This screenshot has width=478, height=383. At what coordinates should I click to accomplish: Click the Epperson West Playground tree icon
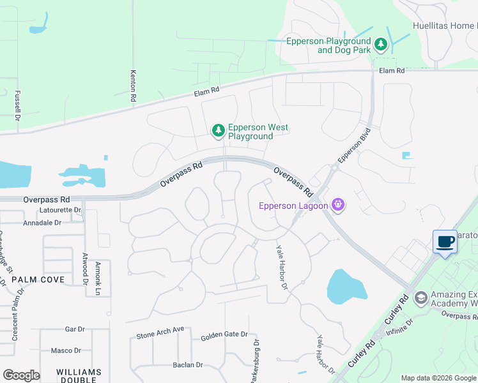click(219, 130)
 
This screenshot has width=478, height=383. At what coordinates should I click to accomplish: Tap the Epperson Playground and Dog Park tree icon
click(381, 44)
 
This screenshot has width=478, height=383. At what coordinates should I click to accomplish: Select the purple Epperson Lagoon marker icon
click(338, 205)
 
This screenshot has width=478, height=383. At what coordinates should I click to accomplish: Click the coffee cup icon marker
click(445, 242)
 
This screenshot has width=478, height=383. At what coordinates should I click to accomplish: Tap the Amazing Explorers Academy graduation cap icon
click(420, 297)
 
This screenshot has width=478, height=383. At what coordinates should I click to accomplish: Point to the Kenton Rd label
click(134, 86)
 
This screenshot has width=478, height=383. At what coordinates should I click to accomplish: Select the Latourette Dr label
click(61, 210)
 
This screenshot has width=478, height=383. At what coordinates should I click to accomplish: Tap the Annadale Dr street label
click(42, 223)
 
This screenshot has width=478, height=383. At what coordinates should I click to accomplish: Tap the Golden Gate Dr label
click(224, 335)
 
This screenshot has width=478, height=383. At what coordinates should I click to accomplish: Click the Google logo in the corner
click(21, 375)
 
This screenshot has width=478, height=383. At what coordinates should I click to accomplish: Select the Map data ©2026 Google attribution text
click(438, 378)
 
